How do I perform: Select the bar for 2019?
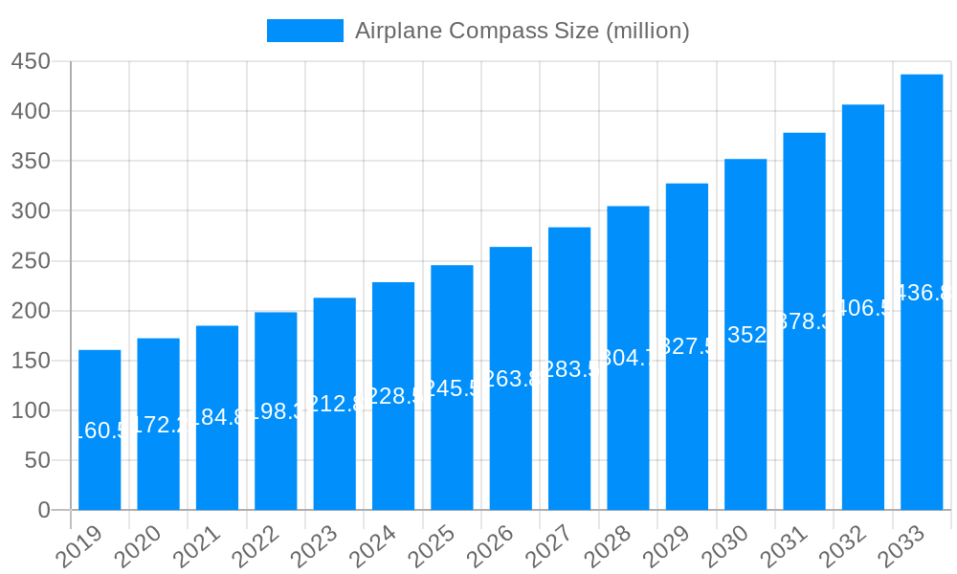[x=100, y=430]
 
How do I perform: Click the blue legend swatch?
[x=304, y=31]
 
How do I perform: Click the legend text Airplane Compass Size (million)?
[x=522, y=31]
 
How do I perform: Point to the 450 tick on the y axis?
[x=31, y=61]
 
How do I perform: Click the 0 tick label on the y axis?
[x=44, y=510]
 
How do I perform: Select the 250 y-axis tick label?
[x=31, y=261]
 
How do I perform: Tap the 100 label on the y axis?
[x=31, y=410]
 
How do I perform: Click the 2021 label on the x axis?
[x=197, y=546]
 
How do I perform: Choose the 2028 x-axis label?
[x=608, y=546]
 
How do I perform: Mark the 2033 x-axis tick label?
[x=901, y=546]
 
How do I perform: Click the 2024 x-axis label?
[x=373, y=546]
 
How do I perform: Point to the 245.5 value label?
[x=452, y=387]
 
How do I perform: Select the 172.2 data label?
[x=158, y=425]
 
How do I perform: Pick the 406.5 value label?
[x=863, y=307]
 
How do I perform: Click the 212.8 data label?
[x=335, y=404]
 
